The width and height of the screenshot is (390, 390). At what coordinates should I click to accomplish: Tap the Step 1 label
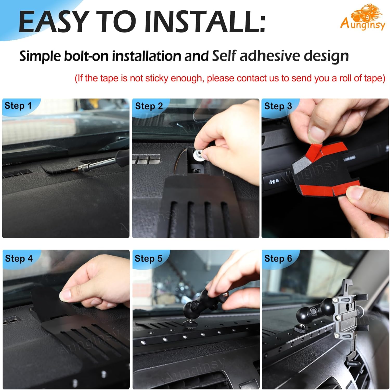click(x=18, y=106)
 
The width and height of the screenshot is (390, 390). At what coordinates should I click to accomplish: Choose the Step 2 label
click(x=149, y=106)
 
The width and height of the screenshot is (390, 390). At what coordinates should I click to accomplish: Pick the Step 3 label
click(x=278, y=106)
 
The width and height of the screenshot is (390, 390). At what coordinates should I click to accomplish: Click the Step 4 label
click(x=19, y=258)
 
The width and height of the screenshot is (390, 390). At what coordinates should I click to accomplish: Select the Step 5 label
click(x=148, y=258)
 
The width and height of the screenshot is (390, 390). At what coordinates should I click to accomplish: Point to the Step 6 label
click(x=278, y=258)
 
